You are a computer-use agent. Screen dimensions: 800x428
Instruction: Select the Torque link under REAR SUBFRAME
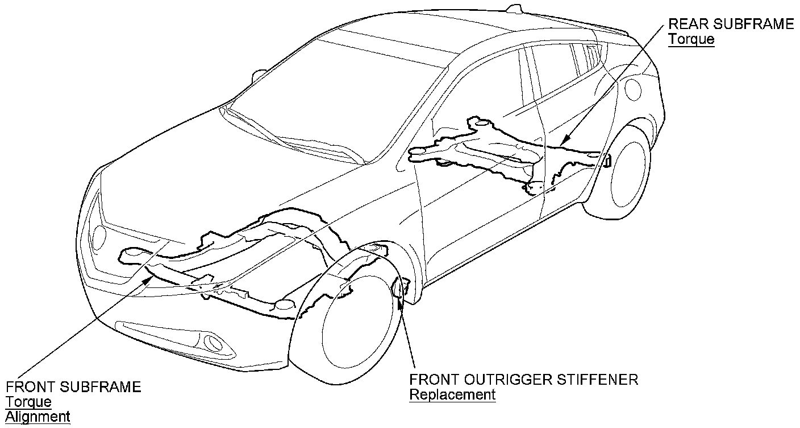point(691,39)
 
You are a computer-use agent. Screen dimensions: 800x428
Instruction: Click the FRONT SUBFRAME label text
point(73,388)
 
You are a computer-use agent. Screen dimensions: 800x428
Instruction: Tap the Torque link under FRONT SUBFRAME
point(28,402)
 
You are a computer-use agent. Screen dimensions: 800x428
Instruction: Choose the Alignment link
point(37,416)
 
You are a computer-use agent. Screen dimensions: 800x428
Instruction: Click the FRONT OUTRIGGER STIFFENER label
point(523,380)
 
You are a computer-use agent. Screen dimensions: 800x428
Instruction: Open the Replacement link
point(452,394)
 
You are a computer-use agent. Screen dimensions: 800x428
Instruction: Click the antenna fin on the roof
point(515,9)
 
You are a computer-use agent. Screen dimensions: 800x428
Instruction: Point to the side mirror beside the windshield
point(260,75)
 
